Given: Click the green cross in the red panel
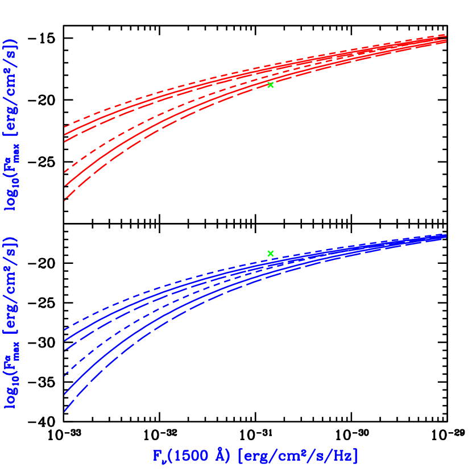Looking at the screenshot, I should tap(271, 85).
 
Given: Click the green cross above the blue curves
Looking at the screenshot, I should tap(271, 253).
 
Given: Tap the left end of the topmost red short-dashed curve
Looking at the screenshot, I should tap(65, 126).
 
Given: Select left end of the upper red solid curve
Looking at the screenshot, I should tap(65, 135).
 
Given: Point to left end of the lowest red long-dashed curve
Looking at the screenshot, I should tap(65, 200).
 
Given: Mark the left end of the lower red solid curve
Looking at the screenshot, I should tap(65, 186).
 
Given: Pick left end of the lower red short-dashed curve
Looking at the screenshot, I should tap(65, 171).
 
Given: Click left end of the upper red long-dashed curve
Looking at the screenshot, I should tap(65, 142).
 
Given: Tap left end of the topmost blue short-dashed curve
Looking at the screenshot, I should tap(65, 329).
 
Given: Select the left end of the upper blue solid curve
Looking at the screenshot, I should tap(65, 340).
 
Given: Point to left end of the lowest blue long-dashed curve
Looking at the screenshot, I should tap(65, 411).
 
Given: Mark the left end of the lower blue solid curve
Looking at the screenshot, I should tap(65, 393).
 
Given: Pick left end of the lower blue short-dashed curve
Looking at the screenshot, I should tap(65, 375).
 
